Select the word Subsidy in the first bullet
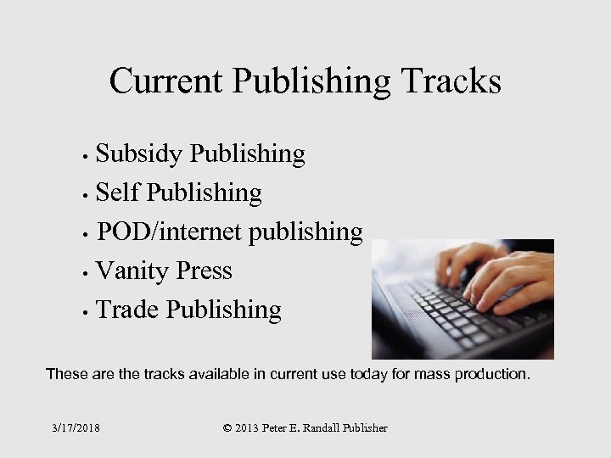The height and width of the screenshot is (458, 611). coord(138,154)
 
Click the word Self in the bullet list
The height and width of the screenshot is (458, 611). coord(118,193)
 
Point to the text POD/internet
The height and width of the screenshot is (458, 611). coord(171,232)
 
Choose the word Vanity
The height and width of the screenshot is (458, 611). coord(133,271)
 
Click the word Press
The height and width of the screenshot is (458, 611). coord(204,271)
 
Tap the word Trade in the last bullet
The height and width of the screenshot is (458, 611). coord(128,310)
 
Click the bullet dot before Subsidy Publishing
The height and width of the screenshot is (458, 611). coord(88,157)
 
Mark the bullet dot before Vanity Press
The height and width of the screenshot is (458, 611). coord(87,274)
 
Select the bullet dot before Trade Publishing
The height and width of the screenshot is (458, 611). coord(87,313)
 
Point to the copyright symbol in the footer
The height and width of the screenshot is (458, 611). coord(227,428)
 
